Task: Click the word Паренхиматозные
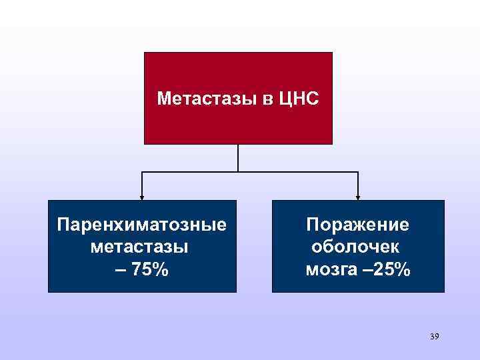click(142, 225)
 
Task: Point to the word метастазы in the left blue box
click(138, 247)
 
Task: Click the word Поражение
click(357, 225)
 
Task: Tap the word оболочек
click(356, 247)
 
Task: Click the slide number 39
click(434, 336)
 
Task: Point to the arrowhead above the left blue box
click(141, 197)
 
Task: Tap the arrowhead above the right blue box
click(358, 197)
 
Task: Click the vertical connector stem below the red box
click(238, 158)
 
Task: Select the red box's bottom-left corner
click(145, 143)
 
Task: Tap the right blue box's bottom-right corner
click(443, 291)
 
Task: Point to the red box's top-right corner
click(331, 53)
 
